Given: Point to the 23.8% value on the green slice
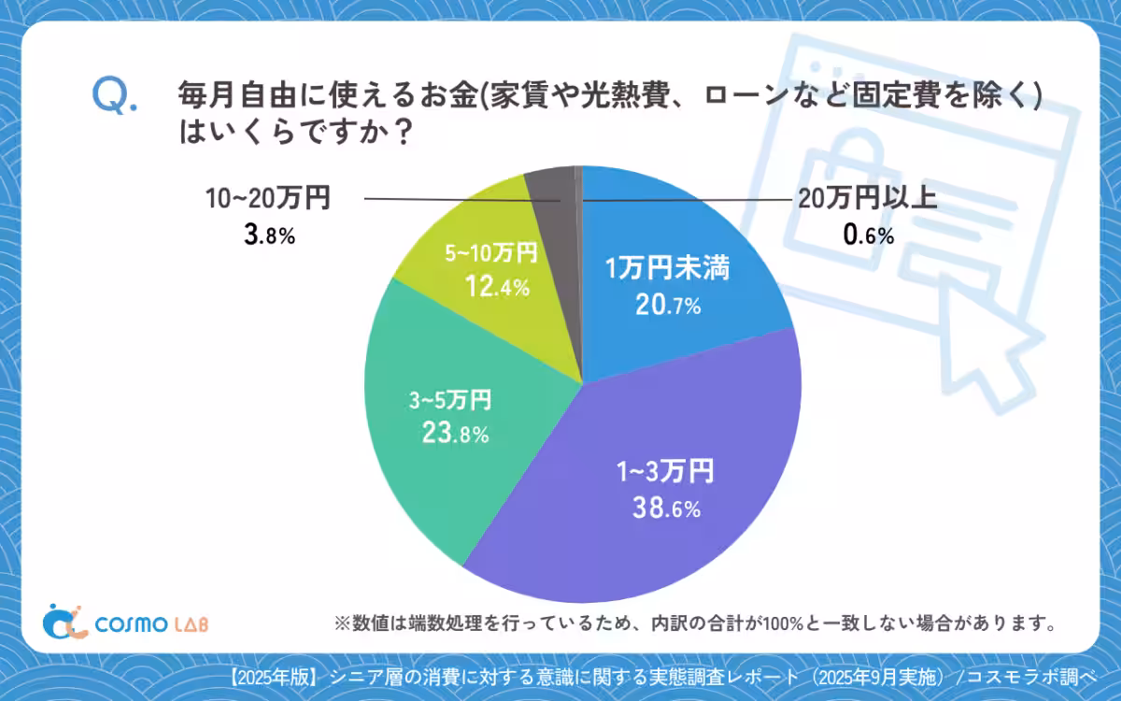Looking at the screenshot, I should (453, 435).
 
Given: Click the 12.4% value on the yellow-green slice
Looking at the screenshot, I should (497, 287).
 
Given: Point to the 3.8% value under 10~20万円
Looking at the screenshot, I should (268, 234).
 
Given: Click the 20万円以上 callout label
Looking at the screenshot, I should (866, 199).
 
